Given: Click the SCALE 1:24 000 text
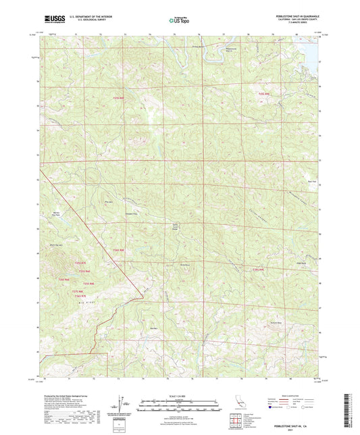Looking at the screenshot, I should click(x=179, y=395).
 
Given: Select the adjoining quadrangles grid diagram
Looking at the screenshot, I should click(x=236, y=421).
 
